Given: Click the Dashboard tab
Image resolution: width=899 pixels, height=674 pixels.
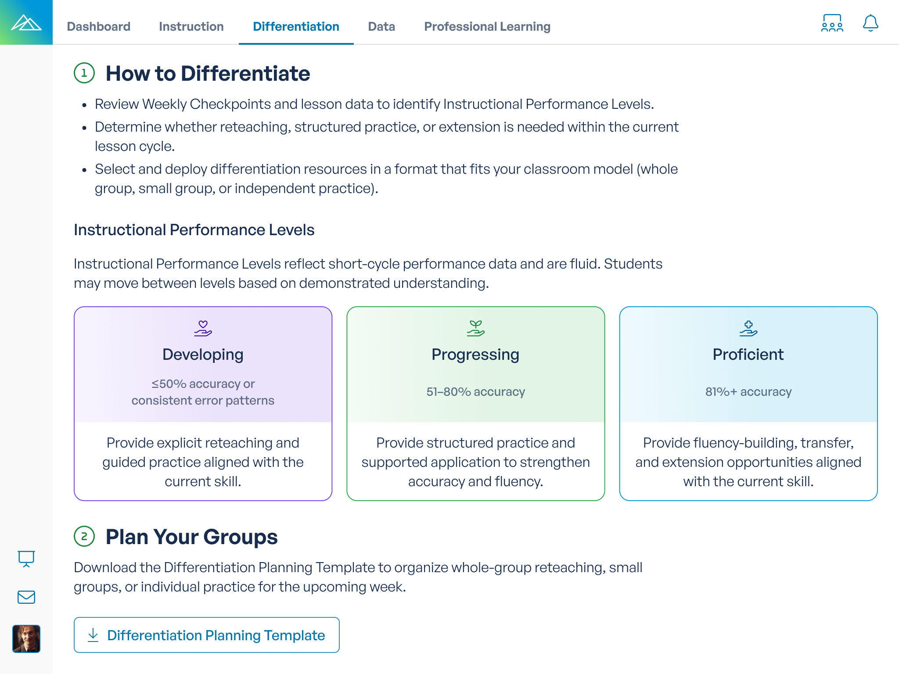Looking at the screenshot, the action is pos(98,26).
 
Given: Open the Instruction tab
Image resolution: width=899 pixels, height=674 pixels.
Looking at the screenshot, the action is pos(191,26).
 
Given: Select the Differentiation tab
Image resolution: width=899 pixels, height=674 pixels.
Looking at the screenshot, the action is pos(296,26).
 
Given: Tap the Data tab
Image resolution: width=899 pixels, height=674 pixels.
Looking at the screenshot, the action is pos(381,26).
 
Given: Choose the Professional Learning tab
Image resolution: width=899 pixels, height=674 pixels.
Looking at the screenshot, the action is pos(487,26).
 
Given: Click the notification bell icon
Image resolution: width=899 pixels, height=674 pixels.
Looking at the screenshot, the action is pos(870,23).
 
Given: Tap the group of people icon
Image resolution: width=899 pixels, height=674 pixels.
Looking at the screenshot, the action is pos(832,23).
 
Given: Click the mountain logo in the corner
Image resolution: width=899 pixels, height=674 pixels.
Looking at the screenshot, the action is pos(26,22).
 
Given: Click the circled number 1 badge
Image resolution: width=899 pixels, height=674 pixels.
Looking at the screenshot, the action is pos(84,73).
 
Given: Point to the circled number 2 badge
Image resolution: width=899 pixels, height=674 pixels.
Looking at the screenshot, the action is pos(84,536).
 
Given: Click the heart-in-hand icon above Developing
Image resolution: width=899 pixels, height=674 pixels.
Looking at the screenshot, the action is pos(203,328).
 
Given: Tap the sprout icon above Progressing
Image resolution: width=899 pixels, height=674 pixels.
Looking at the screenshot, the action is pos(475,328).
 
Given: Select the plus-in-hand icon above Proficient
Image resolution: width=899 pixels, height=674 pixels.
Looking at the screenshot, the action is pos(748,328).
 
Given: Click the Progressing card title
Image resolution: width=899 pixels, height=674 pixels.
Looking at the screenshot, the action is pos(475,355).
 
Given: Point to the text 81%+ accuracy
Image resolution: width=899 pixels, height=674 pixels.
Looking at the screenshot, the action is pos(748,391).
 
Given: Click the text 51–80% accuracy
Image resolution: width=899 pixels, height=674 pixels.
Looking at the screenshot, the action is pos(475,391).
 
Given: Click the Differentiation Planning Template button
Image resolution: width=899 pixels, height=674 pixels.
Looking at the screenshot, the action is pos(206,635).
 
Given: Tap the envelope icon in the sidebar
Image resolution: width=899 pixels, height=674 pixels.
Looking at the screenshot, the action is pos(26,597).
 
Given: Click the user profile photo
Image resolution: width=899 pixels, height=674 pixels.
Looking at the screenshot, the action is pos(26,639).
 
